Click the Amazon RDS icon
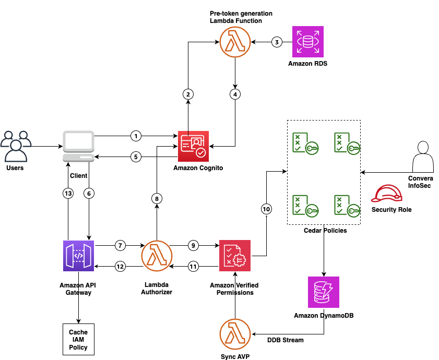pyautogui.click(x=307, y=42)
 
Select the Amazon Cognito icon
pyautogui.click(x=193, y=147)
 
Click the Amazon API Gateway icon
pyautogui.click(x=78, y=256)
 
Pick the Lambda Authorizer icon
pyautogui.click(x=157, y=256)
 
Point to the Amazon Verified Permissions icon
pyautogui.click(x=235, y=256)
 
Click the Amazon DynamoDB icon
pyautogui.click(x=324, y=292)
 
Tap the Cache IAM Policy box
pyautogui.click(x=78, y=340)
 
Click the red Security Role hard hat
pyautogui.click(x=387, y=193)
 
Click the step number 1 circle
pyautogui.click(x=136, y=136)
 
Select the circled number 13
pyautogui.click(x=68, y=193)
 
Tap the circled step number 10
pyautogui.click(x=266, y=209)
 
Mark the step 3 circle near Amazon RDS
pyautogui.click(x=277, y=42)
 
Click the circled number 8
pyautogui.click(x=157, y=198)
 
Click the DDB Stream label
pyautogui.click(x=286, y=340)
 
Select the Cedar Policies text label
pyautogui.click(x=325, y=230)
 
